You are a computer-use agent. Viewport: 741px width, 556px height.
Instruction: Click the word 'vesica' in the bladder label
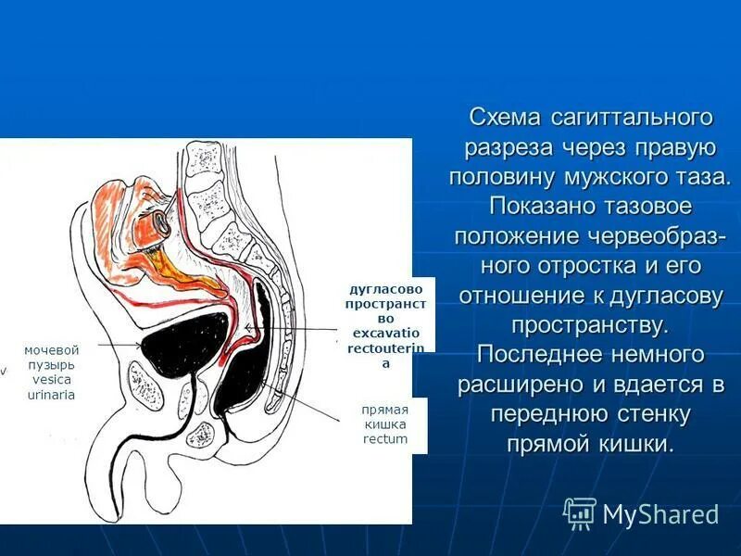[52, 379]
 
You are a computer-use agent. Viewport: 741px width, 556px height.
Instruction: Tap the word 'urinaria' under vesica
[52, 394]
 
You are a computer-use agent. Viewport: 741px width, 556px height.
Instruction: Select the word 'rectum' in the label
[385, 438]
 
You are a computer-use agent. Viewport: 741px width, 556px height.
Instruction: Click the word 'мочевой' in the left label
[52, 349]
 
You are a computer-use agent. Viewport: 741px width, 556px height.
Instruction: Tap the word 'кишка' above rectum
[385, 423]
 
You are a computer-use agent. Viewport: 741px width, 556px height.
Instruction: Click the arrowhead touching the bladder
[139, 346]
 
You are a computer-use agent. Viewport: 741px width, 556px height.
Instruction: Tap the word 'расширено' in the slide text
[515, 385]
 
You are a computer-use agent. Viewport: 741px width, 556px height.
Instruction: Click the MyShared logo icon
[579, 512]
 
